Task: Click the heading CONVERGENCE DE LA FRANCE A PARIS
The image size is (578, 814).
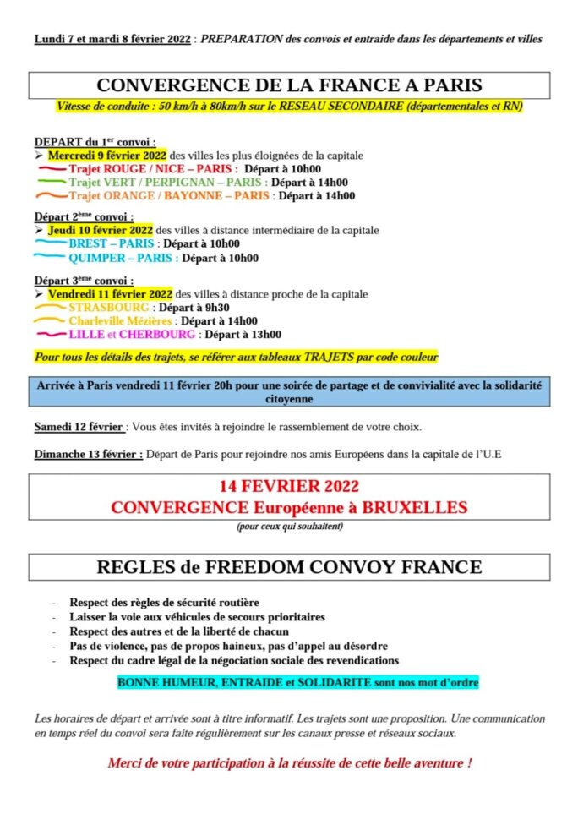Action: [289, 85]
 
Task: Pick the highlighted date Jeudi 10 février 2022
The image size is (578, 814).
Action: [101, 230]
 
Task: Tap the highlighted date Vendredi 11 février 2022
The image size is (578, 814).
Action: [110, 294]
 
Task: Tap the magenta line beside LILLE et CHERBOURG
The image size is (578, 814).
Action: [50, 335]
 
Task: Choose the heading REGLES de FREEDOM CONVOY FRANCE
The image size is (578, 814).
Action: [289, 567]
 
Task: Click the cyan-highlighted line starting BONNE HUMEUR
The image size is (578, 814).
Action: [298, 680]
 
